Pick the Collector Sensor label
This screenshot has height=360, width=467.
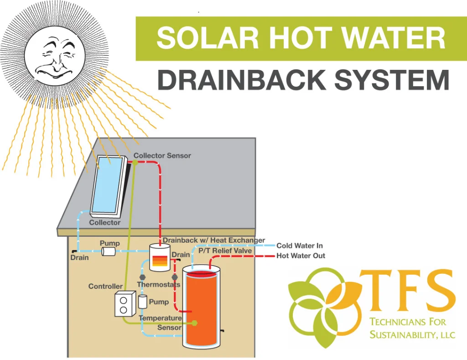(x=162, y=156)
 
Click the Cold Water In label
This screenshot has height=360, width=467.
(x=299, y=246)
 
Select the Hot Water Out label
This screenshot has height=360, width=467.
(x=301, y=256)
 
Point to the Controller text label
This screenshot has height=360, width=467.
(x=105, y=287)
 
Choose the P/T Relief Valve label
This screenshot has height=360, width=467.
(x=225, y=250)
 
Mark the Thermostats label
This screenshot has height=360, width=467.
(x=158, y=285)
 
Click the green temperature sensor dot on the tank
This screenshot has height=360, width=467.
(x=195, y=323)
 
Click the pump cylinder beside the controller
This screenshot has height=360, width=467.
(x=143, y=301)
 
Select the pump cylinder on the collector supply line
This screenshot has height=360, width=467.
(x=109, y=251)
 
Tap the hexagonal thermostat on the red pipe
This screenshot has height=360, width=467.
(x=174, y=277)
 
